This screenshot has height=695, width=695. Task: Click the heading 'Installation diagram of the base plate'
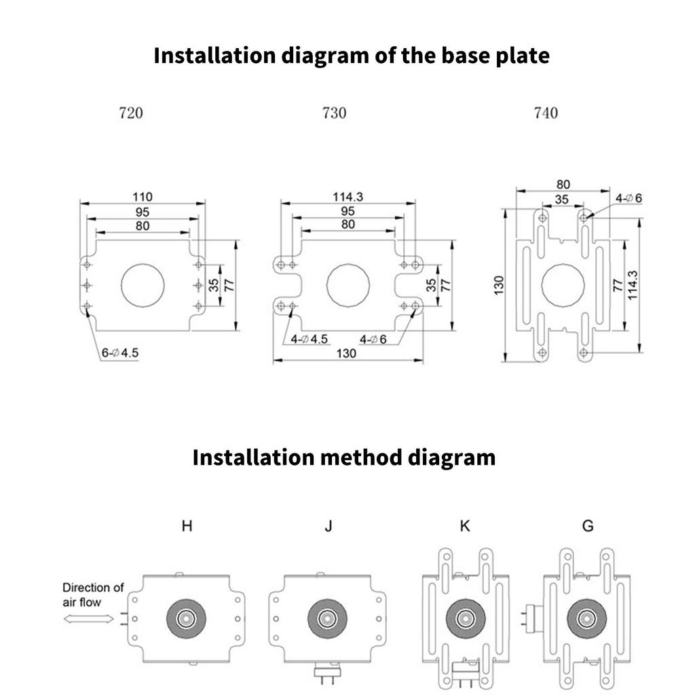[x=351, y=55]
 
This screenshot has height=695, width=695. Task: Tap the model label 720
[x=131, y=113]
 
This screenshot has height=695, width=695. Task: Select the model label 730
[x=334, y=113]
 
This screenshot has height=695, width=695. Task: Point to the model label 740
[x=546, y=113]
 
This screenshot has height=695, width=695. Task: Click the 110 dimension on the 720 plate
[x=143, y=196]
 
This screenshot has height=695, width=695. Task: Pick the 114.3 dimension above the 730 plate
[x=348, y=196]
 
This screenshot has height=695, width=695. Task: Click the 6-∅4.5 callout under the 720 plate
[x=120, y=353]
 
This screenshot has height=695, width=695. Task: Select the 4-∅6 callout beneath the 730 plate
[x=373, y=339]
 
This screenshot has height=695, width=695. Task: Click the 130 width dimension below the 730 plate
[x=346, y=353]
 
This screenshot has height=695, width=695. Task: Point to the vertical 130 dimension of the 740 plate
[x=499, y=286]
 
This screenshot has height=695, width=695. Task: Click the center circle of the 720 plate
[x=142, y=283]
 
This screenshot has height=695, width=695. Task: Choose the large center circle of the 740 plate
[x=563, y=283]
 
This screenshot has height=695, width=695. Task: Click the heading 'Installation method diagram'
[x=343, y=457]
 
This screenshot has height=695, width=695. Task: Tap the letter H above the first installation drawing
[x=187, y=526]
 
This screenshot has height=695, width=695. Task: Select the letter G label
[x=588, y=526]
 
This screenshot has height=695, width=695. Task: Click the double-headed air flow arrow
[x=89, y=618]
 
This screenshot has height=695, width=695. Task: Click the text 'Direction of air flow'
[x=93, y=594]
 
